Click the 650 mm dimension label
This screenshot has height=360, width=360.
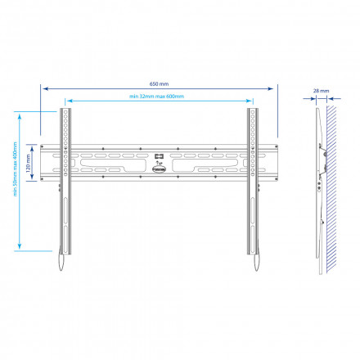[x=158, y=83]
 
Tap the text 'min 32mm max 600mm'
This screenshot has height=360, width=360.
[x=157, y=97]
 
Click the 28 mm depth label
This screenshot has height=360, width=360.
[x=321, y=91]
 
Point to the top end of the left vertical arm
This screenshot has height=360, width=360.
[x=62, y=110]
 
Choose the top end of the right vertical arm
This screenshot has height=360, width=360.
[x=254, y=110]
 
